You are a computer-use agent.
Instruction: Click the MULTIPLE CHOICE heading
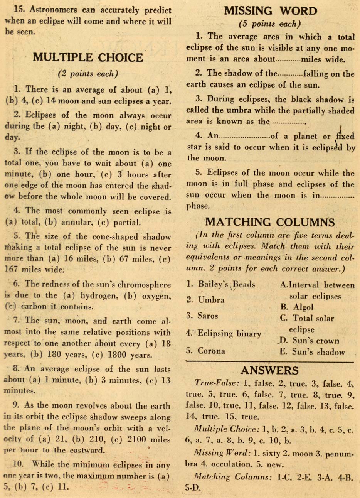tap(88, 58)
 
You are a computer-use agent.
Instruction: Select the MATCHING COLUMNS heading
tap(270, 222)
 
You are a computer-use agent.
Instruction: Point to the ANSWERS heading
tap(269, 371)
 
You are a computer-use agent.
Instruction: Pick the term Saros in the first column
tap(208, 316)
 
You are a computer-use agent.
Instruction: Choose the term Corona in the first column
tap(212, 351)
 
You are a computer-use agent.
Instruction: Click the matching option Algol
tap(303, 307)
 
